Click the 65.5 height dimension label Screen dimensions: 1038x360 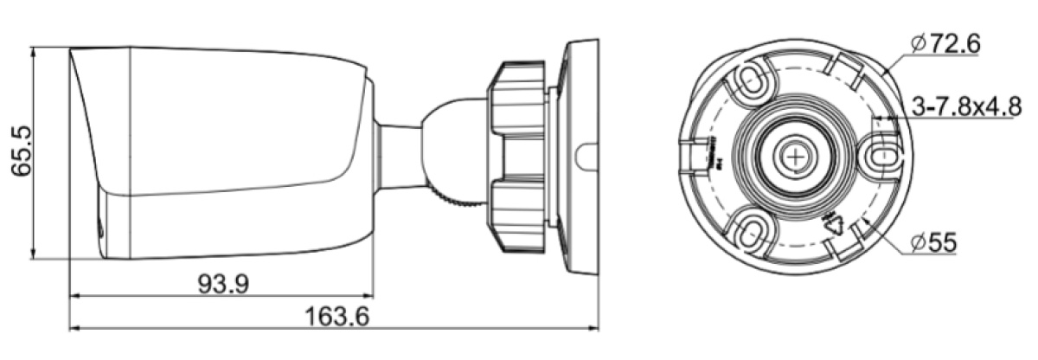[22, 151]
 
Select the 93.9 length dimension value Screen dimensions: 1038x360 [223, 284]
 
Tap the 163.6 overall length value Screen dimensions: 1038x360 [336, 317]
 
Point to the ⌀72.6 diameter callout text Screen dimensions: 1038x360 [945, 44]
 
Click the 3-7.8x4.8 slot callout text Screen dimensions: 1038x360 [967, 106]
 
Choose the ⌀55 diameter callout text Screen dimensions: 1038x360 [933, 243]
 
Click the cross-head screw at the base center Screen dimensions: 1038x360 [796, 157]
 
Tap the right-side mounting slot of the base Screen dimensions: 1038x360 [877, 156]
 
